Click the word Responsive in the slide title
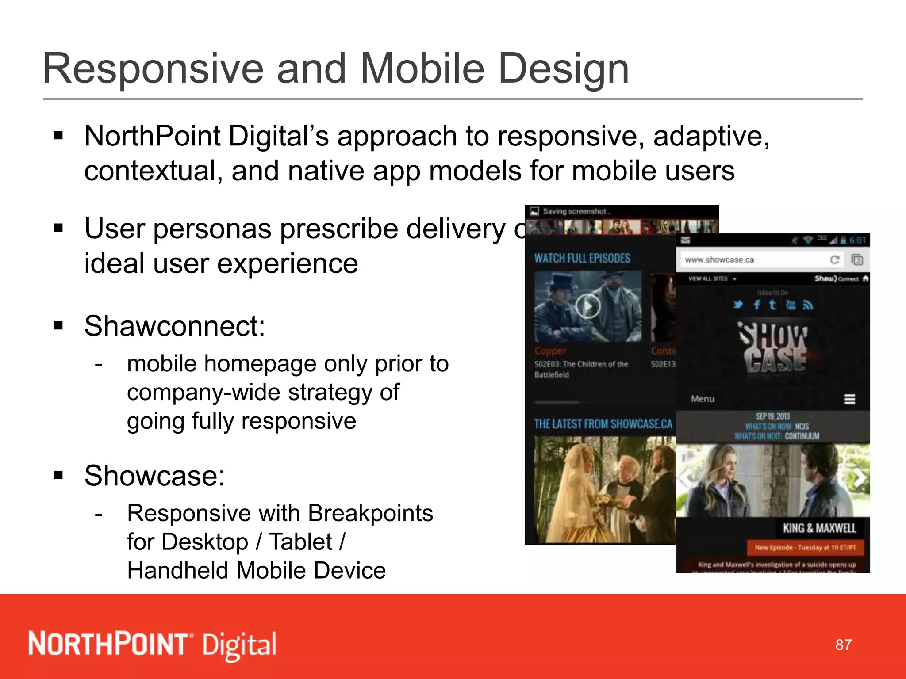(153, 69)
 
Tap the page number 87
(843, 645)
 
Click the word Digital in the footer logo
(239, 645)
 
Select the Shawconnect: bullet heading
(174, 326)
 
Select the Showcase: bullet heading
(154, 476)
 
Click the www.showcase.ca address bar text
(719, 260)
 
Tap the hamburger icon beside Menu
(849, 399)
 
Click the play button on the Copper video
(587, 306)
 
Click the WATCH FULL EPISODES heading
(582, 258)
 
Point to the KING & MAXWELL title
(819, 528)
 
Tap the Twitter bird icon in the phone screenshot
(737, 305)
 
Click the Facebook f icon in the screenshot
(757, 305)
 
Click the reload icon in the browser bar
(834, 260)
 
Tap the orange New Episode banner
(805, 548)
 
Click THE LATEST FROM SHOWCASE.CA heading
(603, 424)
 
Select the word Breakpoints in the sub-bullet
(370, 514)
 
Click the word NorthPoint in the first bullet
(152, 136)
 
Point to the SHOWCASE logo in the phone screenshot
(774, 347)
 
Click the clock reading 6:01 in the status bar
(857, 240)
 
